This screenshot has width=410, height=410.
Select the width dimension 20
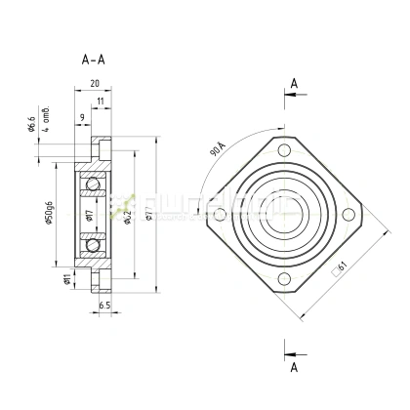click(x=94, y=84)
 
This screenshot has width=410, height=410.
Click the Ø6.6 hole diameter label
click(x=32, y=126)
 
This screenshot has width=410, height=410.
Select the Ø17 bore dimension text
click(x=88, y=214)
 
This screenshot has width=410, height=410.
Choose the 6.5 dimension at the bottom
click(x=105, y=306)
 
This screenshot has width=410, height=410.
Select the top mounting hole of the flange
click(x=284, y=150)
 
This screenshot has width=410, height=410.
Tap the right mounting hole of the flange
click(x=348, y=215)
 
